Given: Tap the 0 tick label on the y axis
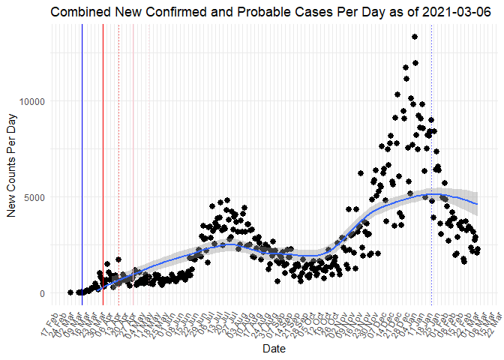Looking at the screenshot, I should coord(42,293).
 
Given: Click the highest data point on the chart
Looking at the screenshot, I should coord(415,37).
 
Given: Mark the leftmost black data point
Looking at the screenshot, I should coord(70,292).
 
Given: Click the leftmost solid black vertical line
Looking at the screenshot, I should coord(82,150).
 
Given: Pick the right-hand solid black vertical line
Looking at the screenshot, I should coord(103,150).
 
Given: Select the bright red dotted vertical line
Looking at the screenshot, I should coord(118,150).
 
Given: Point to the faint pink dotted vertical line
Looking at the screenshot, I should coord(148,150).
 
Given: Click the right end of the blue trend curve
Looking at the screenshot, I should coord(478,204).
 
